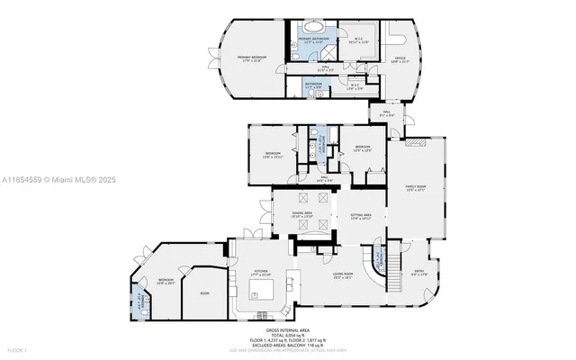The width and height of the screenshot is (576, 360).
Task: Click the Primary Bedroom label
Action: click(x=249, y=59)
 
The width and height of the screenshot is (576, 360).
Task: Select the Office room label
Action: click(x=400, y=59)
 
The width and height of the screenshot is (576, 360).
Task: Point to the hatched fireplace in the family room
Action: click(x=413, y=142)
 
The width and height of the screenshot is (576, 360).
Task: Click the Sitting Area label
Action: click(x=361, y=216)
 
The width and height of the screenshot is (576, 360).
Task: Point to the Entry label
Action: click(x=419, y=274)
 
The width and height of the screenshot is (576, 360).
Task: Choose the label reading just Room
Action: click(x=204, y=292)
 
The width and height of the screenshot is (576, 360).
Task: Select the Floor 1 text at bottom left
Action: click(x=17, y=348)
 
